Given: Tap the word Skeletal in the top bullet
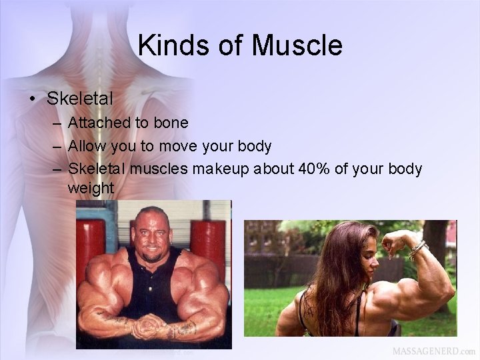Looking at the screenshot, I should pyautogui.click(x=80, y=99).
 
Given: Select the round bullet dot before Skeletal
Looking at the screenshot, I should pyautogui.click(x=32, y=99).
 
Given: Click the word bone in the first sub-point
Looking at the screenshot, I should pyautogui.click(x=171, y=123).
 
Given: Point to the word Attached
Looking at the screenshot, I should pyautogui.click(x=97, y=123).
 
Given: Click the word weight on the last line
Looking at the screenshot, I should pyautogui.click(x=91, y=189).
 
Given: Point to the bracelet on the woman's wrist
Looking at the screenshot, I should pyautogui.click(x=418, y=250).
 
